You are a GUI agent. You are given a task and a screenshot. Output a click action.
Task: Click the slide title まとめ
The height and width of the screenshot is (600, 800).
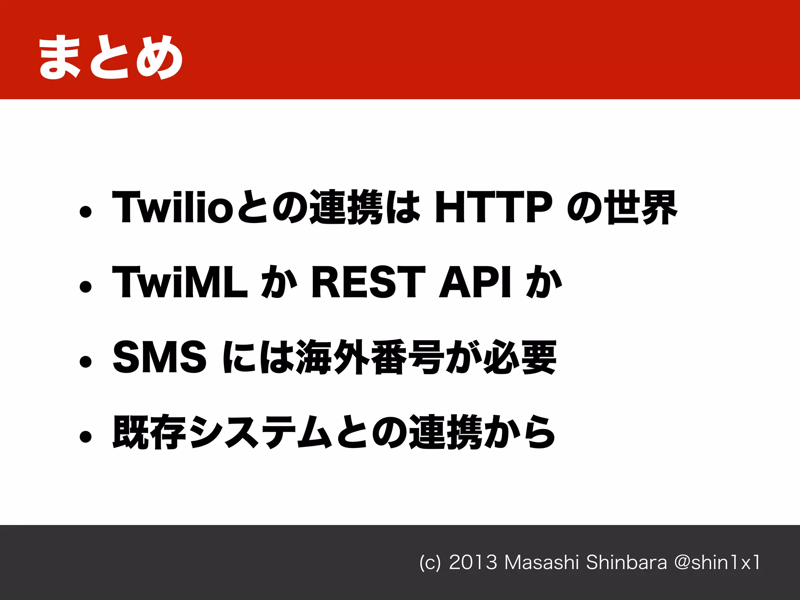point(111,57)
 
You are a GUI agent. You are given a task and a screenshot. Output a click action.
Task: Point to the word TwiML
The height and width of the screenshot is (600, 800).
point(180,282)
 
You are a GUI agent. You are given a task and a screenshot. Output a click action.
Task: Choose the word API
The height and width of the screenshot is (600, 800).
point(475,282)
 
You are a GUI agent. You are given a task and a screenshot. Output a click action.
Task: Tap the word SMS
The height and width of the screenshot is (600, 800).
point(159,357)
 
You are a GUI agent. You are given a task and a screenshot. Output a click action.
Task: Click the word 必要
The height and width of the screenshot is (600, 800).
point(520,357)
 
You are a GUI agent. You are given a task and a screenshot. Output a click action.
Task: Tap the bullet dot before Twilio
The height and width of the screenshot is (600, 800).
point(85,212)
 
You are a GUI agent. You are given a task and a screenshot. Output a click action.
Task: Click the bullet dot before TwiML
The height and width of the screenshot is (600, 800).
point(85,287)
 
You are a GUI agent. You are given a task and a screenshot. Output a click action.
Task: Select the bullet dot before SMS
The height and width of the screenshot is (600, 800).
point(85,362)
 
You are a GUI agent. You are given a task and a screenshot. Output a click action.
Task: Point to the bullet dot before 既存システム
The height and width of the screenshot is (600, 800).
point(85,437)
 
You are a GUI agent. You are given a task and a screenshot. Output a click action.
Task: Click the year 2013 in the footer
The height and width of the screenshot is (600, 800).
point(473,562)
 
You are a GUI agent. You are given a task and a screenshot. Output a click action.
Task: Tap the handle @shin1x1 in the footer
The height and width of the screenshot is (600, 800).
point(717,562)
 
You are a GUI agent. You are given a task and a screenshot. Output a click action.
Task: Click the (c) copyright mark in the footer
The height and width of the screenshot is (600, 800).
point(430,563)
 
